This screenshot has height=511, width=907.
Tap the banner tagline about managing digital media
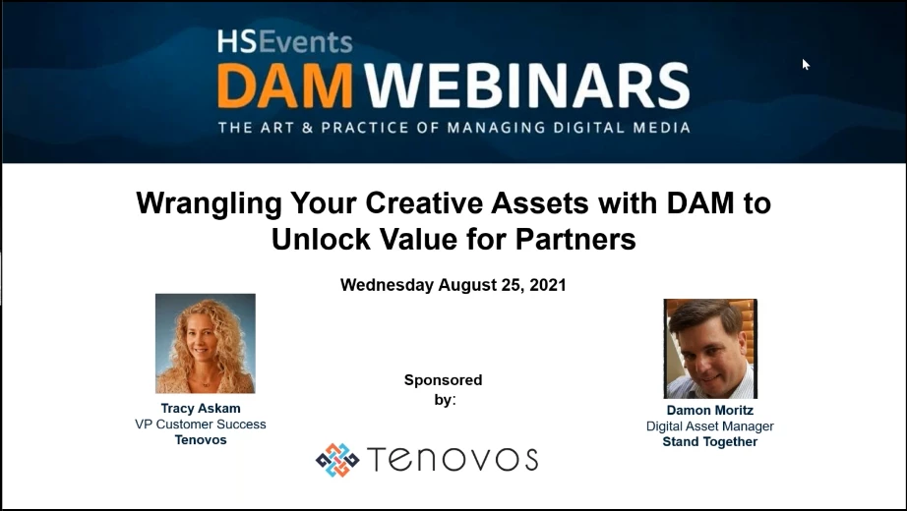tap(453, 127)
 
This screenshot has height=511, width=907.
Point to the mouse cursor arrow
tap(805, 64)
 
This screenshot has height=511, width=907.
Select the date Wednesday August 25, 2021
tap(453, 285)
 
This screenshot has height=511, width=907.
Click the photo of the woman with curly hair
tap(206, 343)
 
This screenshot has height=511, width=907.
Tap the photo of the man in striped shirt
tap(710, 349)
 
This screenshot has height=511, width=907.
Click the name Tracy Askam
tap(200, 409)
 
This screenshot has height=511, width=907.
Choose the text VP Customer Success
tap(200, 425)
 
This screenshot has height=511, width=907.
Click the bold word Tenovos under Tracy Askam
tap(200, 440)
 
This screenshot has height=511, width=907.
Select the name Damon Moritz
tap(709, 411)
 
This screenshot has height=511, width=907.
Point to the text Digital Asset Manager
tap(709, 426)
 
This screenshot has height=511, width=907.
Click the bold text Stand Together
tap(709, 442)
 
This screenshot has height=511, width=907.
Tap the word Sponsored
tap(443, 380)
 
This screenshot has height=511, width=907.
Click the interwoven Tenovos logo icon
tap(337, 460)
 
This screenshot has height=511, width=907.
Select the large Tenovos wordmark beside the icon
tap(453, 460)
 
